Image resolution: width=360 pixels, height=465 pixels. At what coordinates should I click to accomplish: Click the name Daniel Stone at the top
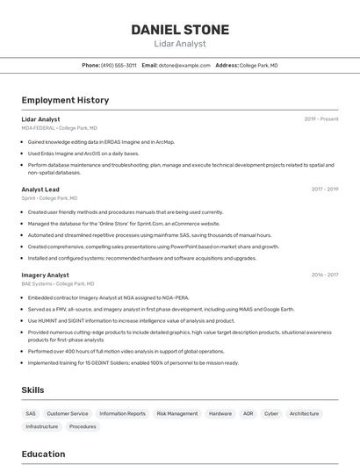click(180, 29)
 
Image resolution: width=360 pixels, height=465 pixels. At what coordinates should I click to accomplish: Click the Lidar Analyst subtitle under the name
click(180, 44)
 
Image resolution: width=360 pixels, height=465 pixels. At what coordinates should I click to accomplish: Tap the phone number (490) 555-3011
click(119, 66)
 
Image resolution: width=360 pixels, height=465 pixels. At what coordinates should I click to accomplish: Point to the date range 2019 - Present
click(321, 119)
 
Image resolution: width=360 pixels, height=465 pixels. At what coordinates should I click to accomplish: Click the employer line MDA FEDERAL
click(59, 128)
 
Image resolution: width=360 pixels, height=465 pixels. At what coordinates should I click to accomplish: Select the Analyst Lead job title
click(40, 190)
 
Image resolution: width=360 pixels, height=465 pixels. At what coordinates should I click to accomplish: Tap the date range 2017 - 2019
click(325, 190)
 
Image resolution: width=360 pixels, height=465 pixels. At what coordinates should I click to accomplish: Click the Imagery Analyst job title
click(45, 275)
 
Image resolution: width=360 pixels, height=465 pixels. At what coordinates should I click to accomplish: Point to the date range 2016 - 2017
click(325, 275)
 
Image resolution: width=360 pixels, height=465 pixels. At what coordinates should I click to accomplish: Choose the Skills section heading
click(33, 389)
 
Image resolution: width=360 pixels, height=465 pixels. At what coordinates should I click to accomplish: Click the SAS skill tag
click(31, 413)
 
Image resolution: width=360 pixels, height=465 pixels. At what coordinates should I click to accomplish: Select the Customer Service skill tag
click(68, 413)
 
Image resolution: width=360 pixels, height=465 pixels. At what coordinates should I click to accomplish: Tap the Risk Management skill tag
click(177, 413)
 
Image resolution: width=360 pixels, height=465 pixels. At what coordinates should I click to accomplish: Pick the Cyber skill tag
click(271, 413)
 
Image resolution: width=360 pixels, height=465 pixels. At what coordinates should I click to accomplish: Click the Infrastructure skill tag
click(42, 426)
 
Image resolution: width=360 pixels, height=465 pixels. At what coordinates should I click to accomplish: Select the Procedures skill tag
click(83, 426)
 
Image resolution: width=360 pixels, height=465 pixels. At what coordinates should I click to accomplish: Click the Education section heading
click(43, 454)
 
